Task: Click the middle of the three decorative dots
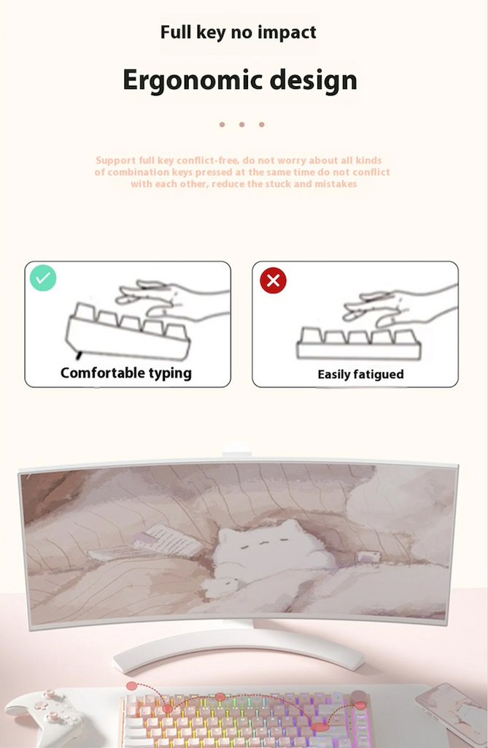click(241, 124)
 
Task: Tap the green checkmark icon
click(43, 278)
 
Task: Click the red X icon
click(273, 280)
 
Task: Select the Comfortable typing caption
click(125, 373)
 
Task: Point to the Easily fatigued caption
click(361, 375)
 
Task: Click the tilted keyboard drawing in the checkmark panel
click(128, 332)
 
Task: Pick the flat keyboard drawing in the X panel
click(359, 343)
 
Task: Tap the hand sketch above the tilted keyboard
click(173, 300)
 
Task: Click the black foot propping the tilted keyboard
click(79, 356)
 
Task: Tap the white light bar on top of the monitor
click(236, 449)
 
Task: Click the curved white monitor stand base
click(239, 649)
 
